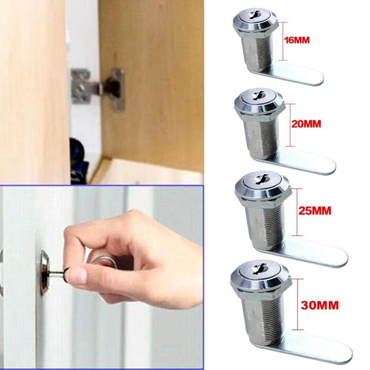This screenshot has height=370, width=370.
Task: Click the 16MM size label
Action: pos(296,40)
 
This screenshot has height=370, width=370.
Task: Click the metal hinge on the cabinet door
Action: pos(98,87)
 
